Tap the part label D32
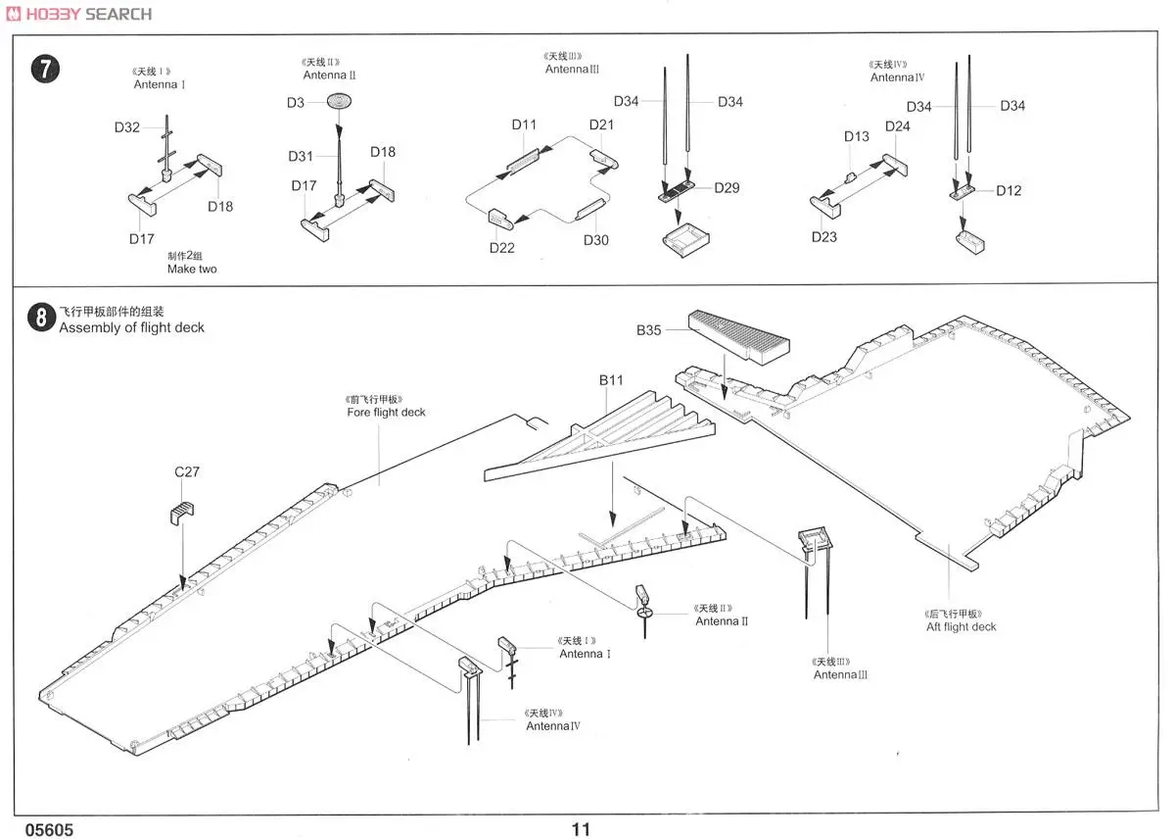(x=127, y=127)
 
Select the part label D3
(x=296, y=102)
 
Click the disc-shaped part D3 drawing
(x=339, y=100)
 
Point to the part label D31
(x=301, y=157)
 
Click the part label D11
(x=524, y=124)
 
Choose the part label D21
(x=601, y=124)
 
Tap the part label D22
(x=502, y=248)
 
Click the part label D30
(x=595, y=240)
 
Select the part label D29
(x=727, y=188)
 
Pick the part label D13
(x=857, y=136)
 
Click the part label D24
(x=897, y=126)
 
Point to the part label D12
(x=1009, y=190)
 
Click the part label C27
(x=187, y=471)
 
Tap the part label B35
(x=648, y=330)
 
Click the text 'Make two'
(x=192, y=269)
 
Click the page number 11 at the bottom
(x=581, y=829)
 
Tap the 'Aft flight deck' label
(x=961, y=626)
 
